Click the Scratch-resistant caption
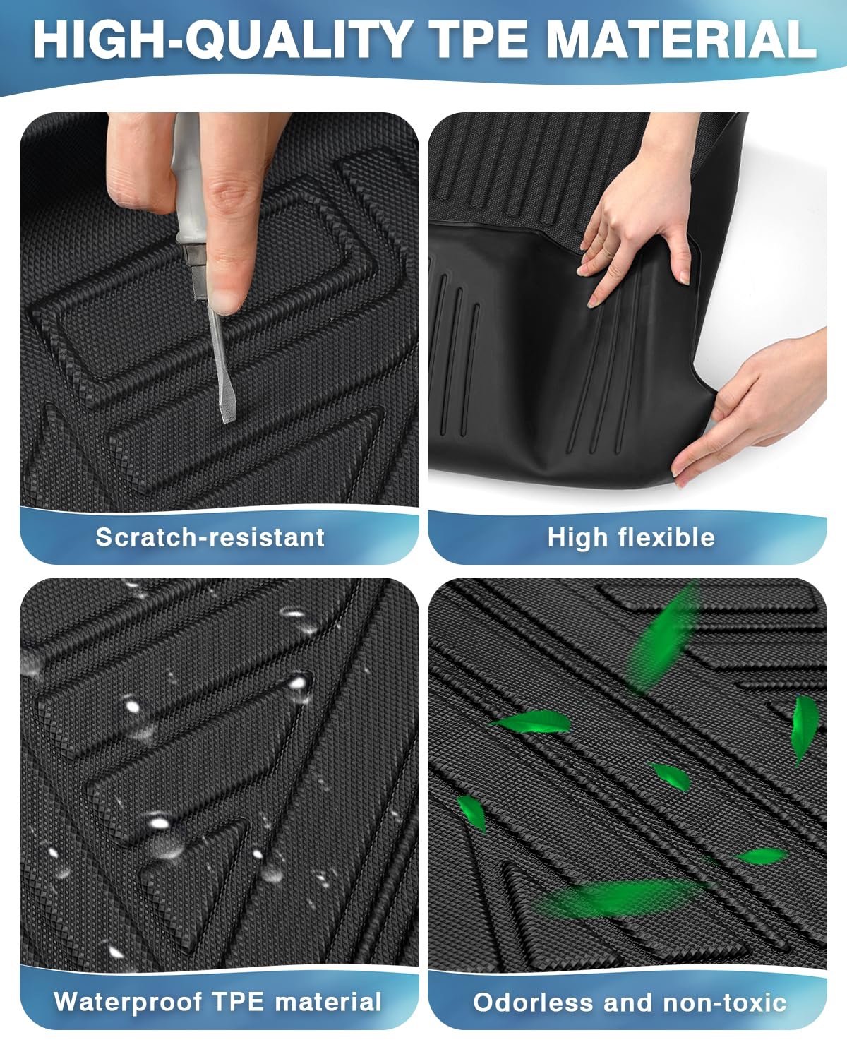point(210,537)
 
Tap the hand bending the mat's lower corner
point(753,409)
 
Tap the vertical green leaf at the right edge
point(805,729)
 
